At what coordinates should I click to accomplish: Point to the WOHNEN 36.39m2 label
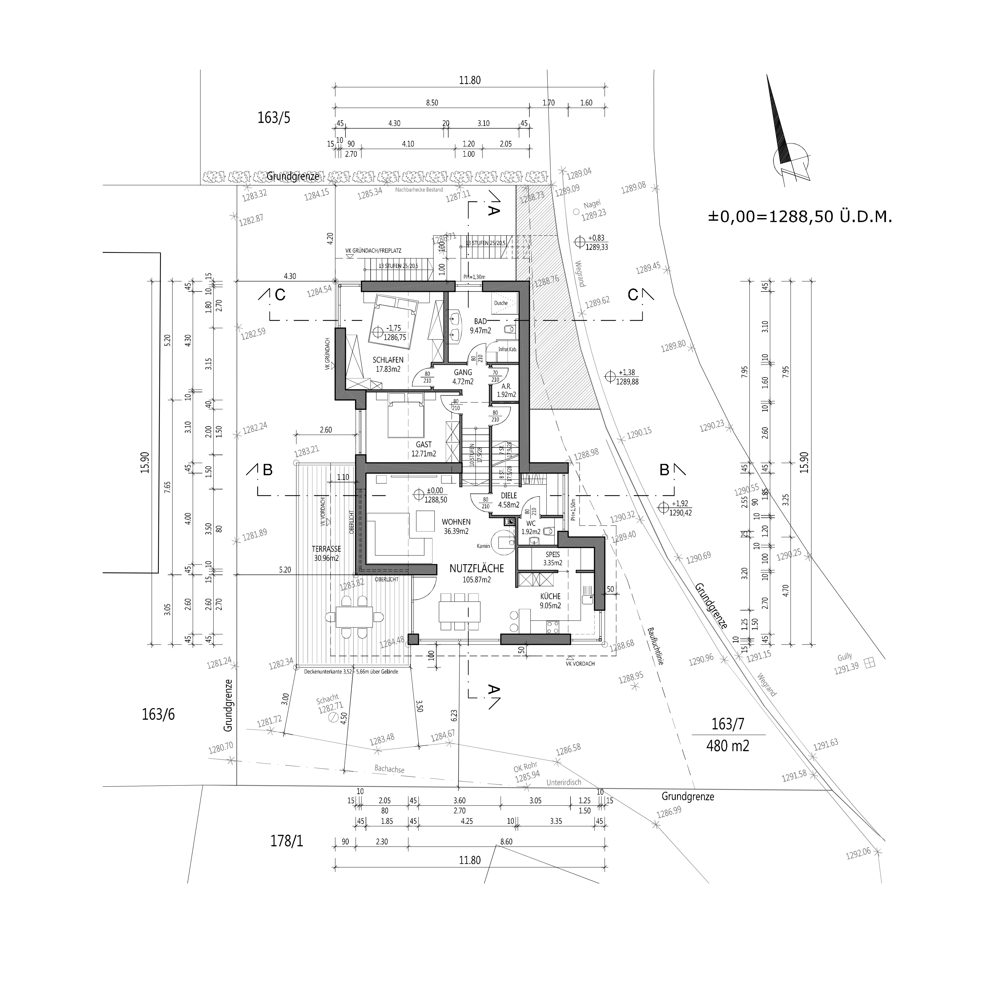(456, 526)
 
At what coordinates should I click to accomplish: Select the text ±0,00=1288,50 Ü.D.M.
(800, 217)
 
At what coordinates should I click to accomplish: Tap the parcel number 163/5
(274, 118)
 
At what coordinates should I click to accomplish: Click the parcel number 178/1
(287, 842)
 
